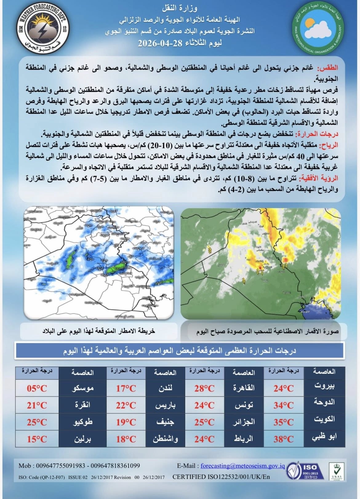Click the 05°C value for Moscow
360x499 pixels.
(37, 389)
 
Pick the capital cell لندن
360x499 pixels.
(165, 389)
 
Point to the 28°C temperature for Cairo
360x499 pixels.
(204, 389)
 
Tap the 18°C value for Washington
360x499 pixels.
(126, 439)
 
